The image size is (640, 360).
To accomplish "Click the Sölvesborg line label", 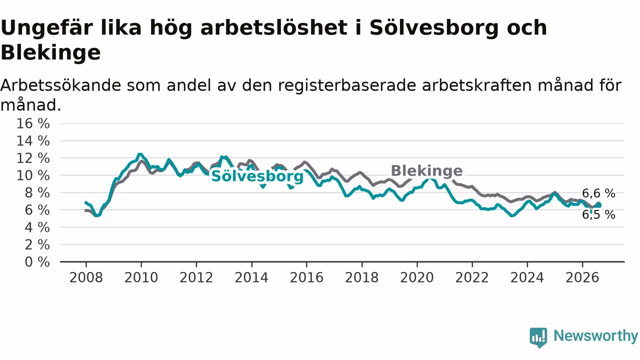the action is tap(257, 176).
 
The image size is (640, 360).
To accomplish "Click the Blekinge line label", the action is tap(426, 171).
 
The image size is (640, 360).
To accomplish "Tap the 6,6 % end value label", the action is tap(598, 193).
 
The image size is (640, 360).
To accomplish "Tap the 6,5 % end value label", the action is tap(598, 214).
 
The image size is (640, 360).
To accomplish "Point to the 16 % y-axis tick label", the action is tap(33, 123).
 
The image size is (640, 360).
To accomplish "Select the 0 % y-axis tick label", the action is tap(37, 262).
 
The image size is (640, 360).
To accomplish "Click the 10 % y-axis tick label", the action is tap(33, 175).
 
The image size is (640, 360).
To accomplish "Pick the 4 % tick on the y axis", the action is tap(37, 227).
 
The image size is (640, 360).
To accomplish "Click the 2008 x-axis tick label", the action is tap(86, 277).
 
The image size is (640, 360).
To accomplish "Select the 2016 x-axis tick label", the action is tap(306, 277).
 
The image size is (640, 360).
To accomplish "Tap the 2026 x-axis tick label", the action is tap(582, 277).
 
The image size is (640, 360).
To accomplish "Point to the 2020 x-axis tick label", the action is tap(417, 277).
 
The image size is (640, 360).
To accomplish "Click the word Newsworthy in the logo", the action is tap(595, 336).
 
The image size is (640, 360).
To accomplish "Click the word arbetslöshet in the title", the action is tap(273, 27).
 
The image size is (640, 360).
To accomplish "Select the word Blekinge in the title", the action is tap(50, 53).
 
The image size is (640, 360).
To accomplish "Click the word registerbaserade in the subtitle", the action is tap(347, 85).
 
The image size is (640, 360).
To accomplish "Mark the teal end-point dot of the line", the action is tap(598, 205).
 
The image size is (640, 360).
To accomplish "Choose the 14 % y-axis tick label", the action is tap(33, 141).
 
